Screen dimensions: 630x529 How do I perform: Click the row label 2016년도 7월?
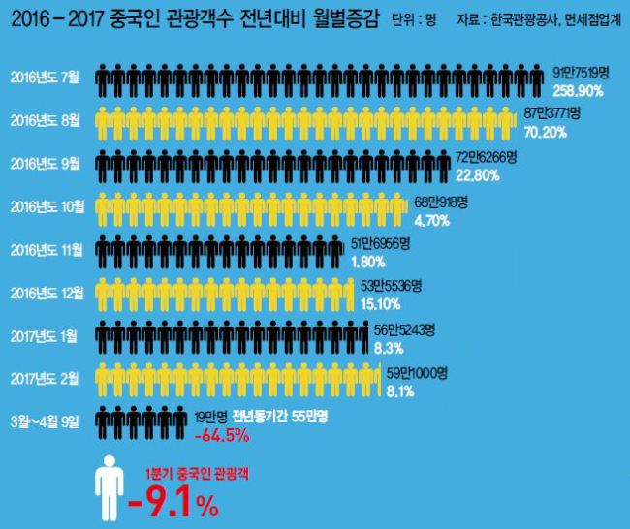tap(45, 77)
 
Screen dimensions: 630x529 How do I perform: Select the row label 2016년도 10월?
tap(47, 207)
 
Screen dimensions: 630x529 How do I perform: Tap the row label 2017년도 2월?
tap(45, 379)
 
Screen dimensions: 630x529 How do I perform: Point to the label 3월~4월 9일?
tap(45, 421)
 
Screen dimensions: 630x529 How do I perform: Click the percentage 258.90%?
tap(578, 91)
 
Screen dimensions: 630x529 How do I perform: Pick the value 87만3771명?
tap(552, 113)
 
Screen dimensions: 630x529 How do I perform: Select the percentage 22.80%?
tap(477, 175)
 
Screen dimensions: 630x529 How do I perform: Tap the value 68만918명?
tap(441, 202)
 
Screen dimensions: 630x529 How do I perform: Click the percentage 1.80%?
tap(368, 263)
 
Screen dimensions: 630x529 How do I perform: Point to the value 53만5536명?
tap(391, 286)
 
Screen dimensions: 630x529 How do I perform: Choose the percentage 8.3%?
tap(389, 348)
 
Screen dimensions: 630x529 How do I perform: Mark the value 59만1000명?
tap(417, 373)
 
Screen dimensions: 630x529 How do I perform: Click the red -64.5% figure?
tap(222, 435)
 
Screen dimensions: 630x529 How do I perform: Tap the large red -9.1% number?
tap(173, 502)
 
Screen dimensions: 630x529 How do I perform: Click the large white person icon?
tap(110, 488)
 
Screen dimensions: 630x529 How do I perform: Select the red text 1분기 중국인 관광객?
tap(198, 474)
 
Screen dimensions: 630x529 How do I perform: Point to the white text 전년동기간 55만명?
tap(280, 417)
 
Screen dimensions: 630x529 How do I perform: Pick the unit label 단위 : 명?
tap(414, 19)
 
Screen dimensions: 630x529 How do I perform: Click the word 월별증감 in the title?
tap(346, 18)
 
